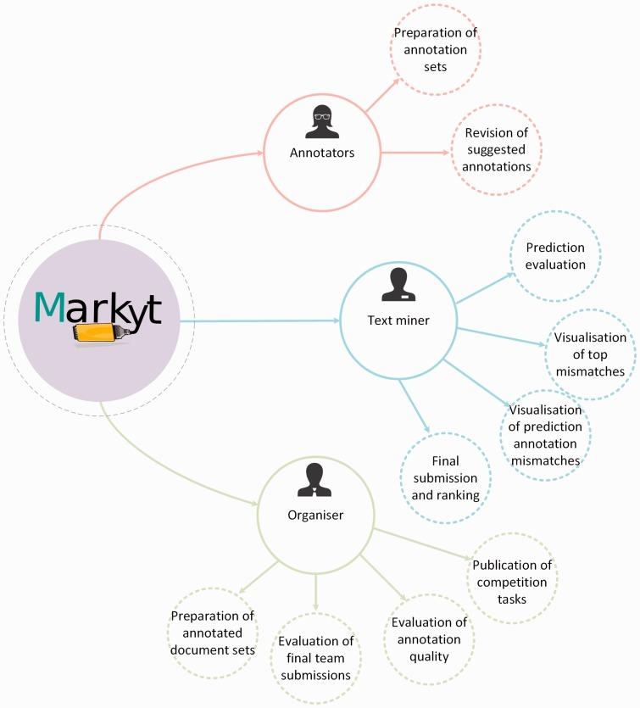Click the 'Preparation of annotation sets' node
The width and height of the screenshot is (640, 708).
pos(435,48)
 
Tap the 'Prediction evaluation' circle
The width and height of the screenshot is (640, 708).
pos(555,256)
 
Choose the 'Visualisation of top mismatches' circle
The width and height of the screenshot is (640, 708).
pos(589,354)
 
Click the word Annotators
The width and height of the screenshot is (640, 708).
pos(321,153)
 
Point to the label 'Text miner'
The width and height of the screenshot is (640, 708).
pos(398,321)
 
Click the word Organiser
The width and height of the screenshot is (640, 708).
pos(314,514)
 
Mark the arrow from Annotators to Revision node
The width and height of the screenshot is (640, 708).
pos(415,153)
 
